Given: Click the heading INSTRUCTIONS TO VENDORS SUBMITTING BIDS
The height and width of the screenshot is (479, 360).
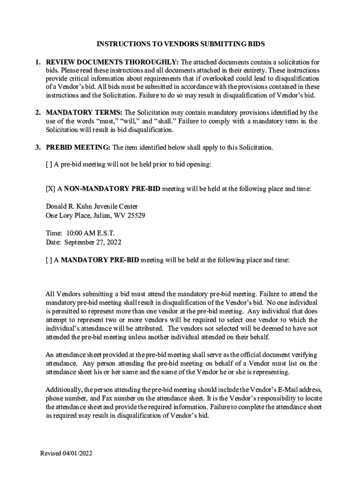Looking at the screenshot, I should tap(180, 44).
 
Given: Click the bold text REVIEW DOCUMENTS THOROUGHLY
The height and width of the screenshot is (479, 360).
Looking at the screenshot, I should tap(112, 62).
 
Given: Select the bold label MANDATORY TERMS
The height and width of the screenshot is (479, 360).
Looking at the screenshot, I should tap(84, 113).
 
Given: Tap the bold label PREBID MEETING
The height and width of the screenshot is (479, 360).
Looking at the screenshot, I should tap(78, 147).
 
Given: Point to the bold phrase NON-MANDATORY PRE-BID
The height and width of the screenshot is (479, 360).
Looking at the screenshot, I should tap(112, 189).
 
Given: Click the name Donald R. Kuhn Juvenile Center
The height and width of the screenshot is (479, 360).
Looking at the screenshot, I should tap(92, 207).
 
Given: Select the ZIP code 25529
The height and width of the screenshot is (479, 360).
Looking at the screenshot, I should tap(136, 216).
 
